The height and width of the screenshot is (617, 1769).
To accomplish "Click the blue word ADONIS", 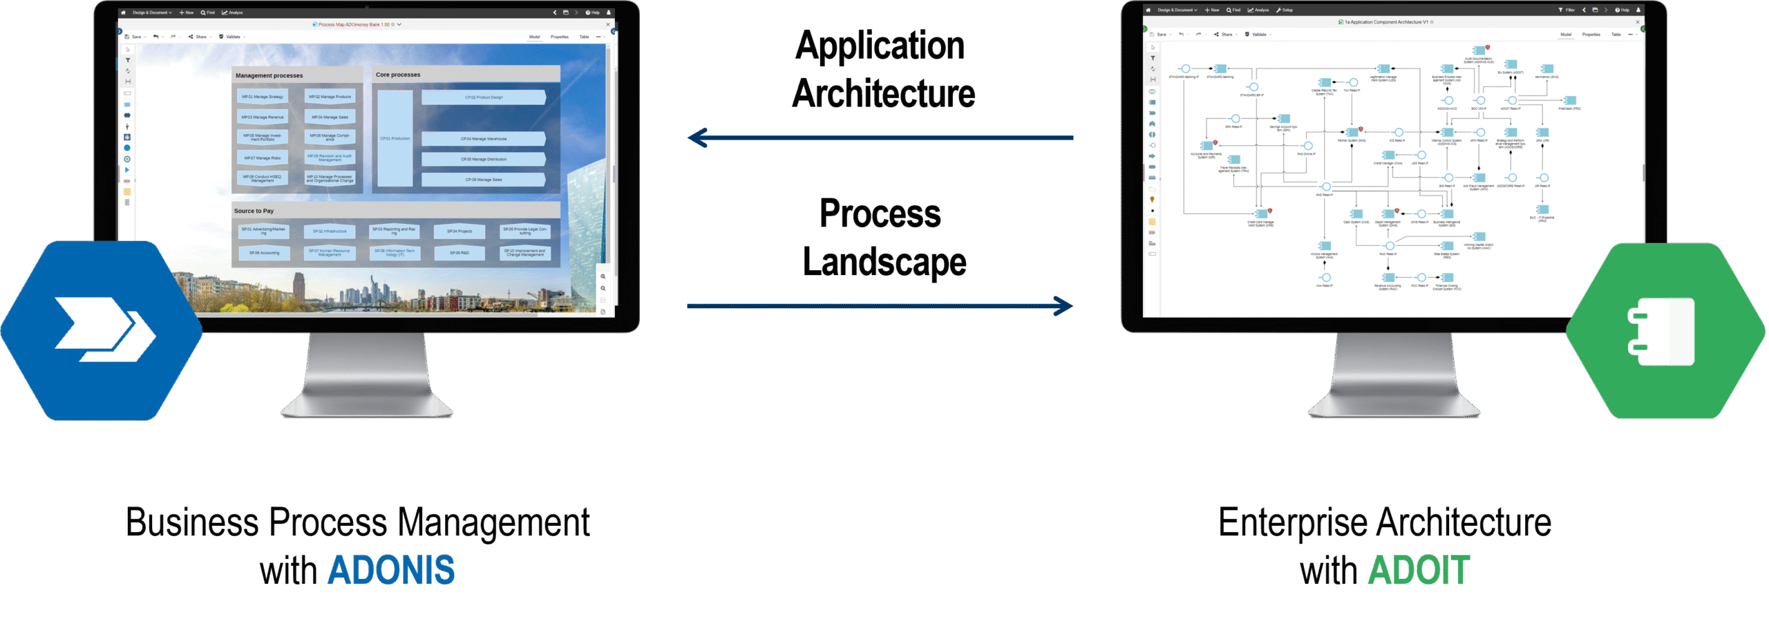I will click(391, 571).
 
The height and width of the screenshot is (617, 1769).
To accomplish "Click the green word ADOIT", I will click(1419, 571).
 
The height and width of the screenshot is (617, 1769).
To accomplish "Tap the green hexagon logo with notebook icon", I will click(1665, 331).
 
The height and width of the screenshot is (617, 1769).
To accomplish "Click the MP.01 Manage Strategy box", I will click(263, 97).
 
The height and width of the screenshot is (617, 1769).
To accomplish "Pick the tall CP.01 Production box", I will click(395, 138).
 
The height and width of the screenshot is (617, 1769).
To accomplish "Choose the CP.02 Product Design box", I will click(484, 97).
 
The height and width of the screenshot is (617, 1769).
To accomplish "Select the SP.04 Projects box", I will click(460, 231).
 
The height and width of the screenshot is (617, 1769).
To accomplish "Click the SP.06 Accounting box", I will click(264, 253).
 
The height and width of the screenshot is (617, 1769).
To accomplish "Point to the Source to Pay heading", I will click(254, 211).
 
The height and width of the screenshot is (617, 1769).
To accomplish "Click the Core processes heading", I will click(398, 75).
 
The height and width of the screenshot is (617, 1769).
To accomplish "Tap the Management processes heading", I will click(269, 75).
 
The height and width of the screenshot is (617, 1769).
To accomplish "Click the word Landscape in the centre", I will click(884, 263).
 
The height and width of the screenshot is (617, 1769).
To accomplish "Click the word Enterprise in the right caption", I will click(1292, 522).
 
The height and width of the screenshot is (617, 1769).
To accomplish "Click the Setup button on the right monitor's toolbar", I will click(1285, 10).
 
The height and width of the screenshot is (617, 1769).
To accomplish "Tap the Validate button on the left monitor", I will click(231, 37).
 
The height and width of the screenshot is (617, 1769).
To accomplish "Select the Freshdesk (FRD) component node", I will click(1569, 102).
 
